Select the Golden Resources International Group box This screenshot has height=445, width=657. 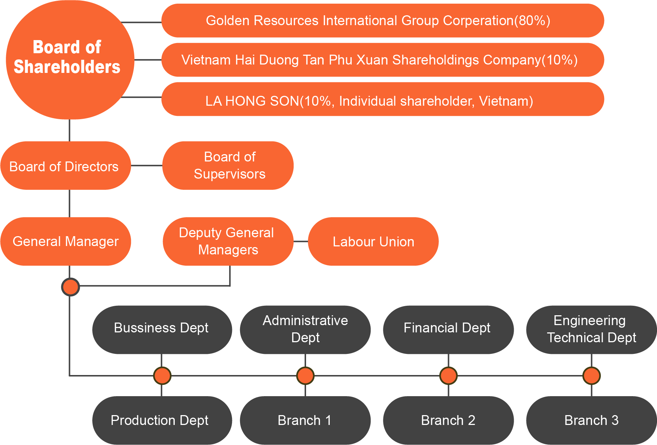click(x=382, y=21)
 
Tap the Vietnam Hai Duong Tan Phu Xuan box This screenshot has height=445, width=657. click(x=382, y=60)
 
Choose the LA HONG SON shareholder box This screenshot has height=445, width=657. click(x=382, y=99)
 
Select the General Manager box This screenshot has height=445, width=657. click(x=66, y=241)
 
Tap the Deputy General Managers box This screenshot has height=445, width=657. click(x=228, y=241)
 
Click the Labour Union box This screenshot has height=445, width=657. click(x=373, y=241)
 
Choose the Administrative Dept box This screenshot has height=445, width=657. click(x=305, y=329)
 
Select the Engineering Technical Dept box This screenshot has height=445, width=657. click(x=591, y=329)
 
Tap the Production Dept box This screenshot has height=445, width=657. click(x=162, y=420)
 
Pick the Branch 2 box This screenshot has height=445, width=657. click(x=448, y=420)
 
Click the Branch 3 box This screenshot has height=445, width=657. click(x=591, y=420)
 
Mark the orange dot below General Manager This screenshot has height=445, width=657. click(x=70, y=287)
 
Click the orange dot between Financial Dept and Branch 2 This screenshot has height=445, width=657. click(x=448, y=376)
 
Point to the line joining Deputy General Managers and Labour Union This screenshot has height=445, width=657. click(x=301, y=241)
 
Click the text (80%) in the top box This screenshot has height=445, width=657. click(x=532, y=21)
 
